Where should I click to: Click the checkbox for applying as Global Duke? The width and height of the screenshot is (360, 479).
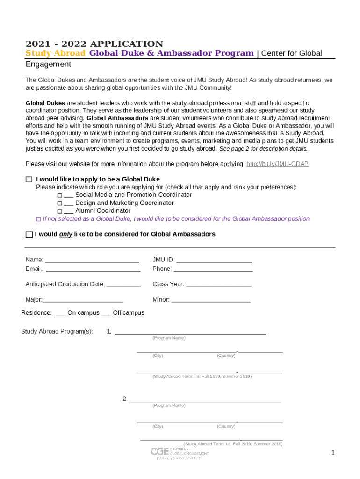[x=29, y=179]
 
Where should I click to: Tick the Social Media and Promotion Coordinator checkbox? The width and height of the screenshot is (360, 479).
[x=59, y=195]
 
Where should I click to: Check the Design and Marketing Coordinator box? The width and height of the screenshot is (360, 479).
[x=59, y=203]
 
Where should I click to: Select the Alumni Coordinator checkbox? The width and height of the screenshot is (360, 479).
[x=59, y=211]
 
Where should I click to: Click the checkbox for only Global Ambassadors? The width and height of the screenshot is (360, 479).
[x=29, y=234]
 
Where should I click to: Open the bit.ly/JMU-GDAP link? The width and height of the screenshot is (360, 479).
[x=277, y=164]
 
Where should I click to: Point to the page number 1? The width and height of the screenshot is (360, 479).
[x=333, y=453]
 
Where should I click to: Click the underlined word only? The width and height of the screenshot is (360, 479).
[x=65, y=234]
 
